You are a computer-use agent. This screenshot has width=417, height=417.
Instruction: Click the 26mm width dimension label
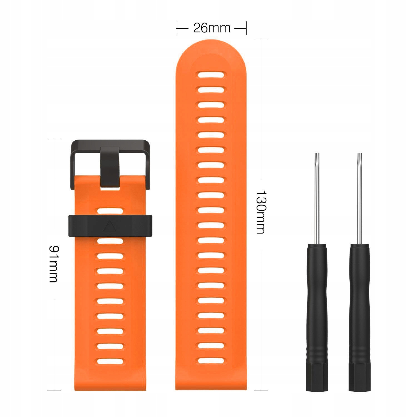[x=212, y=28]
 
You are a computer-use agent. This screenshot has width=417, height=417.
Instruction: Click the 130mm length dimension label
[x=260, y=212]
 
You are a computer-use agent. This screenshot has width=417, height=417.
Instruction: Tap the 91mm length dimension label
[x=54, y=264]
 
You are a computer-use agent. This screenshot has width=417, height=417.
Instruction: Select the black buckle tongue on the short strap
[x=110, y=167]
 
